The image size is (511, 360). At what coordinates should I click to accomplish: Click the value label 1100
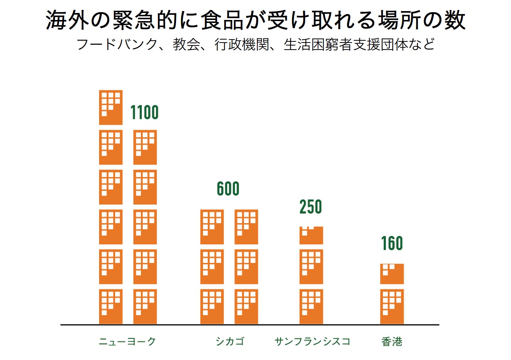pos(145,112)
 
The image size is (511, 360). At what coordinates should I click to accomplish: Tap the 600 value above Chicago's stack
pos(228,189)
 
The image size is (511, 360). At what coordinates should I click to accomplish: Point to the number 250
pos(311,207)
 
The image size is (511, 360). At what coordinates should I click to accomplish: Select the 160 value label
pos(392,243)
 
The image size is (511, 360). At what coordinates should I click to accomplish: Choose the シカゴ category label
pos(230,342)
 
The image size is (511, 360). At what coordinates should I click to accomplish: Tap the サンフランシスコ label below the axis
pos(312,342)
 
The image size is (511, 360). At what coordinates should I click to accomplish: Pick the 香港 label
pos(392,342)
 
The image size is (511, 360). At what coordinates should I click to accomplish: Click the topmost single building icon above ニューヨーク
pos(111,108)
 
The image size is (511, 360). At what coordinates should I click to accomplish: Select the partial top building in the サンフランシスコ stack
pos(311,236)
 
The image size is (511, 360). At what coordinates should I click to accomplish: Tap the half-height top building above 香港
pos(392,274)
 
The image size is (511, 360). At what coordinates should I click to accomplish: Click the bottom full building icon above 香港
pos(392,307)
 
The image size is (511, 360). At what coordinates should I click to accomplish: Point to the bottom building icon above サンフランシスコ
pos(311,307)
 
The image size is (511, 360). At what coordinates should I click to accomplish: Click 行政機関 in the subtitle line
pos(242,44)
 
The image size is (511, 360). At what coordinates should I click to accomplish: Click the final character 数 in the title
pos(454,20)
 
